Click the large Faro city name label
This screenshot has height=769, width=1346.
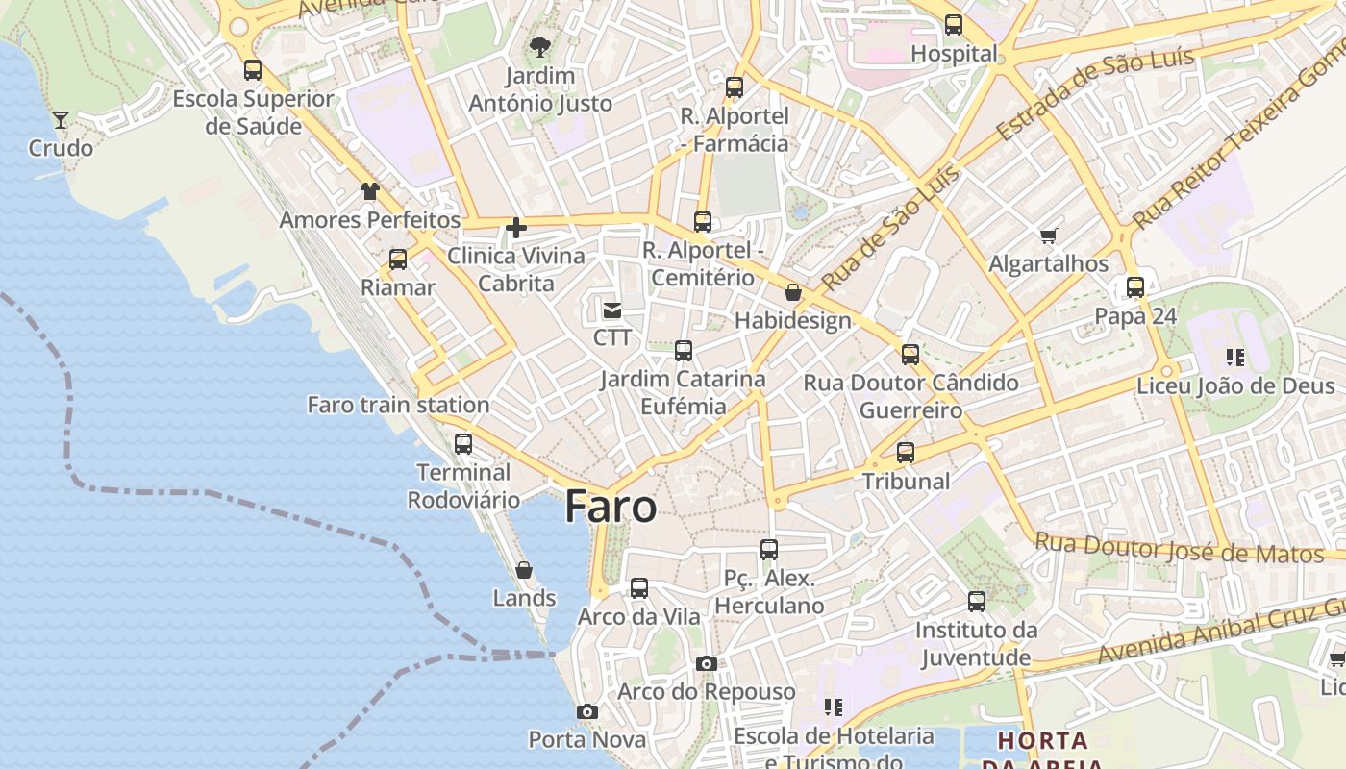[x=611, y=507]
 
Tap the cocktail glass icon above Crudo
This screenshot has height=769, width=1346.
[x=61, y=119]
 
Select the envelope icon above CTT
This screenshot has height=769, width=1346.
[x=612, y=310]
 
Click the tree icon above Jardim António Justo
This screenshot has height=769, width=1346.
[x=540, y=46]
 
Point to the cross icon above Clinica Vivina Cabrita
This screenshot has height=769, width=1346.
[x=516, y=228]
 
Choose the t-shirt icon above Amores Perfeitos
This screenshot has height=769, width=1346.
[x=370, y=191]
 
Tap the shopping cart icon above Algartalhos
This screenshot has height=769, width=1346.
[x=1049, y=236]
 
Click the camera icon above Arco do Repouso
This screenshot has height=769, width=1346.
[x=707, y=664]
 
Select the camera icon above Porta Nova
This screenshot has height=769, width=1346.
[x=587, y=712]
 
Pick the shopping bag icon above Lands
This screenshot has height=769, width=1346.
[x=524, y=570]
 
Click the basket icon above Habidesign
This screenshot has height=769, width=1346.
[x=793, y=292]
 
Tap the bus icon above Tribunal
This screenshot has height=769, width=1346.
[x=906, y=453]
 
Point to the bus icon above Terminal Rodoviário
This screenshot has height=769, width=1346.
[x=463, y=444]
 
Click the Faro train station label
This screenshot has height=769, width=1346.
[x=398, y=405]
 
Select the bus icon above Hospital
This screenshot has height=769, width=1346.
[x=954, y=25]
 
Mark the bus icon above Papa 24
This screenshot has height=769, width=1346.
[x=1135, y=287]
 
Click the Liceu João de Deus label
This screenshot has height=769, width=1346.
[x=1235, y=386]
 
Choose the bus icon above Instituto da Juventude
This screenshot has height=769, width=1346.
[x=977, y=602]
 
